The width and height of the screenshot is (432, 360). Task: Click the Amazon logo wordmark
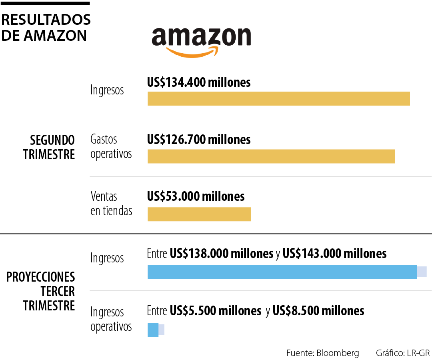201,37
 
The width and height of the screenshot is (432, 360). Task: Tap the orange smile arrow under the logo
193,52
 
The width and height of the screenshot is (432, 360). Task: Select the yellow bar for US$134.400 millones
278,99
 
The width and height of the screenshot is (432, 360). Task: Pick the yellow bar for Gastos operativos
271,156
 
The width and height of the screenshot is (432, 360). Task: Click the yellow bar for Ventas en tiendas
199,214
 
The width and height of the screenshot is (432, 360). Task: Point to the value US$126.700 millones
199,140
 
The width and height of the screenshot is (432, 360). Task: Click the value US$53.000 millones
196,197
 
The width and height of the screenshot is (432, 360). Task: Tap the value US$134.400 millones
199,82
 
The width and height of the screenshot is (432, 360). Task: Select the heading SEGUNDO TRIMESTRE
49,147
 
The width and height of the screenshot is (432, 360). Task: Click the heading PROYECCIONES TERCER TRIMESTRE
41,291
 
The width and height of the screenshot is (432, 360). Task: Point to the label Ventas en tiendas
111,204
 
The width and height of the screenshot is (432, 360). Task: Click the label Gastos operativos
111,146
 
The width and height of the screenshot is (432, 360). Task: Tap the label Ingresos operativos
111,319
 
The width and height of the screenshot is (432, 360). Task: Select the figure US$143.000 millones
334,254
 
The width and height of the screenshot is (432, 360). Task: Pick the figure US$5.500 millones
215,311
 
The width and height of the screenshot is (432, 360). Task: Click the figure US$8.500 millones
318,311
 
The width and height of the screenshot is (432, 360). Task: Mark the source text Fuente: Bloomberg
322,353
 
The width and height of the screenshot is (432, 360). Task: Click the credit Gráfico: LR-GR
402,353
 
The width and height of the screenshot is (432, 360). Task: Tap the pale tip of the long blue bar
422,272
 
